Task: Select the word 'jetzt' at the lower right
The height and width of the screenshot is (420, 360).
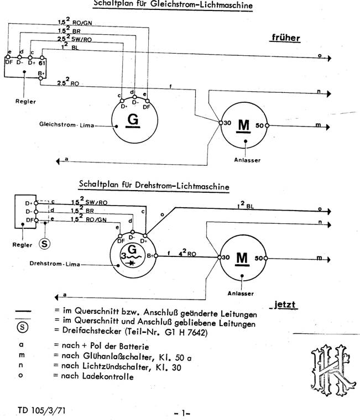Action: [285, 304]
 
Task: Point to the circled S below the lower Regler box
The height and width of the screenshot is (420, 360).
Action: [46, 243]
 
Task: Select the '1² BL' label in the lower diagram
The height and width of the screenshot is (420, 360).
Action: [245, 206]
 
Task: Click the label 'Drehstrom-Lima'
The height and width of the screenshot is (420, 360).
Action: [54, 264]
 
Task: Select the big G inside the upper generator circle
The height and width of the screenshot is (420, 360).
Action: [133, 120]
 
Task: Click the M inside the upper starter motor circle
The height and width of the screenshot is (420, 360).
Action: [243, 125]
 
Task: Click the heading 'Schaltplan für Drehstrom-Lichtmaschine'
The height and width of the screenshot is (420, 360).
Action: [154, 186]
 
